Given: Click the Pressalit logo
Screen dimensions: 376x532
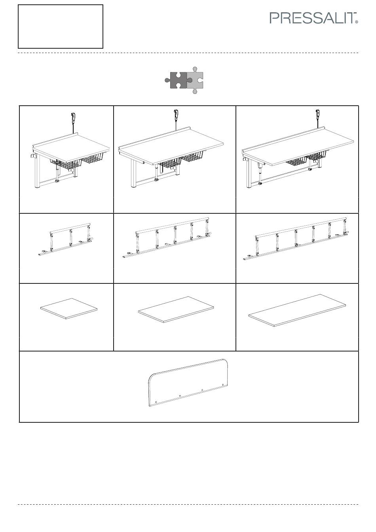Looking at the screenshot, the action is click(313, 18).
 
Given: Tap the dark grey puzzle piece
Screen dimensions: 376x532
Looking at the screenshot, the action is click(178, 80).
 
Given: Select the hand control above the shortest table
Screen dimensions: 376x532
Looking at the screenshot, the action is click(73, 118).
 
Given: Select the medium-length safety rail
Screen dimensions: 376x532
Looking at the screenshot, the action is click(167, 237).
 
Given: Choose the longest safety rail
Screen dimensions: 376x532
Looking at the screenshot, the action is click(296, 239).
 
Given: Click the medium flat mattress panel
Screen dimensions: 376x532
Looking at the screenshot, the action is click(176, 310).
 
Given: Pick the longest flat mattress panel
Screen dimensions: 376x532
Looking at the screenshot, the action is click(297, 310).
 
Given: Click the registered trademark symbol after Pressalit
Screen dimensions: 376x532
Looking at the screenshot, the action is click(357, 22).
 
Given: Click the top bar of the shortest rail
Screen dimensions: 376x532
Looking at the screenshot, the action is click(70, 227).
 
